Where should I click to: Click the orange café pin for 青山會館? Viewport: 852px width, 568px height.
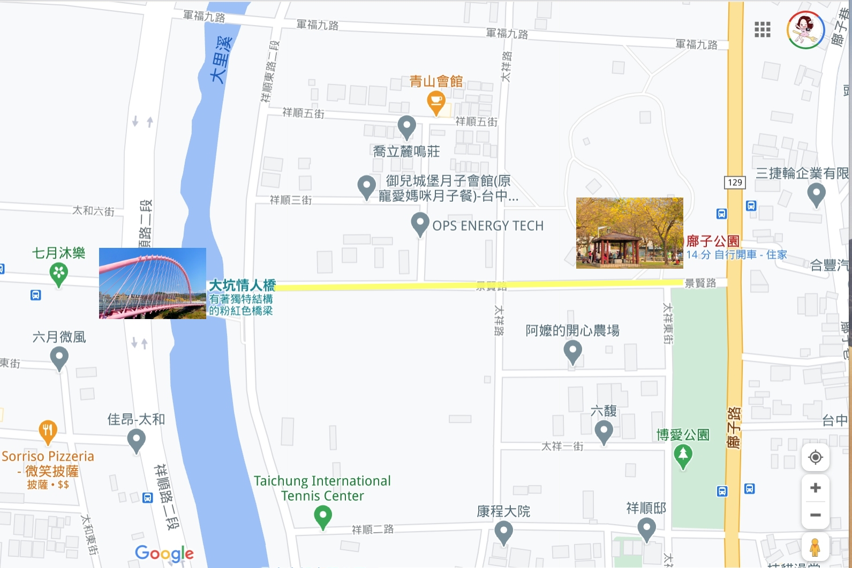[436, 102]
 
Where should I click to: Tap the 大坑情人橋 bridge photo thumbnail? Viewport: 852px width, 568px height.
[153, 283]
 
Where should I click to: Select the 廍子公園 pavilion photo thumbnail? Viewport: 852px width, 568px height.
[629, 233]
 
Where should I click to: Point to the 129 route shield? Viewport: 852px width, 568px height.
[735, 182]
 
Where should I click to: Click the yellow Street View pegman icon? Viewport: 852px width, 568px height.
[815, 547]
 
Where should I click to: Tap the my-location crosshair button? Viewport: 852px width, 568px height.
[815, 457]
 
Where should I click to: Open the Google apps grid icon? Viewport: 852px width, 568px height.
[762, 29]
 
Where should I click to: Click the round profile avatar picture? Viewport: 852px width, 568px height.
[805, 30]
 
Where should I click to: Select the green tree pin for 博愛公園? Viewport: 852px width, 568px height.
[683, 456]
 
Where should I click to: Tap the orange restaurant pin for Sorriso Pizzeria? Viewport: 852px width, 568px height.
[48, 431]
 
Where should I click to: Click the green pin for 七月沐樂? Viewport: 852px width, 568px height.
[58, 275]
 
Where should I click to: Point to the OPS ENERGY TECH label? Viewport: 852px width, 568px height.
[487, 226]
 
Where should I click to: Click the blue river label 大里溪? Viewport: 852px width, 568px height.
[222, 59]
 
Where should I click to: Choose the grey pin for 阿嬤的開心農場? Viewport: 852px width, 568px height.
[572, 352]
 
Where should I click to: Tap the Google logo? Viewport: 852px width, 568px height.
[164, 553]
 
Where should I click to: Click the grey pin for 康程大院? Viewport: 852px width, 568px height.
[503, 532]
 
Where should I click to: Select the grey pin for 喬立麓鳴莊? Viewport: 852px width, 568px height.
[406, 127]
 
